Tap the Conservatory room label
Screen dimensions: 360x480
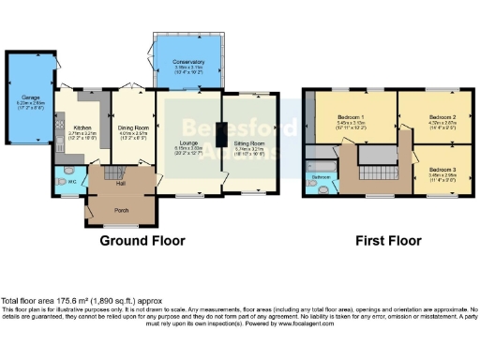(x=188, y=62)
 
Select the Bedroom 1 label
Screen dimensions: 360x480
(x=352, y=117)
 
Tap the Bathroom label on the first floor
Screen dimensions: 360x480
(x=321, y=176)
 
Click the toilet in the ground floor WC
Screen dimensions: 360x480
(x=61, y=182)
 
